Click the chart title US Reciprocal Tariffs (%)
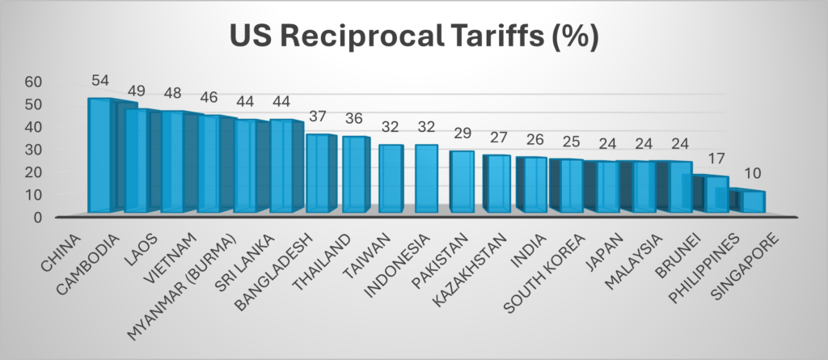point(414,36)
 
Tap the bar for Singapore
point(754,201)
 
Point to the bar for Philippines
point(716,194)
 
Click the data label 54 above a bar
point(100,82)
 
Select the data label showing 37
point(319,120)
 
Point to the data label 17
point(717,159)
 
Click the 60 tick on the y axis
point(33,82)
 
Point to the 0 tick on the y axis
point(38,218)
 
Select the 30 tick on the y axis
point(33,150)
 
